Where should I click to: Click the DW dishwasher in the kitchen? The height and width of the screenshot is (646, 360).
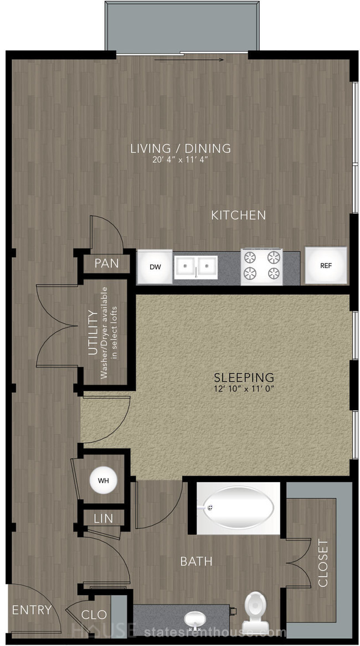[155, 267]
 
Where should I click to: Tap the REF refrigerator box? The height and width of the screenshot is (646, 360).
[326, 266]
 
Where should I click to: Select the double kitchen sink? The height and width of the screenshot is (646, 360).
[196, 267]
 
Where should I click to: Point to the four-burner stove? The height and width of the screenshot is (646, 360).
[262, 267]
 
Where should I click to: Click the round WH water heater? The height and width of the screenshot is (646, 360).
[104, 480]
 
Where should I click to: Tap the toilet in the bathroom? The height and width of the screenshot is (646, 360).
[255, 608]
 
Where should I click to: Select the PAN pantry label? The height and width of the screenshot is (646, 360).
[106, 263]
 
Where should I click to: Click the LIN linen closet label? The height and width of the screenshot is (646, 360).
[104, 518]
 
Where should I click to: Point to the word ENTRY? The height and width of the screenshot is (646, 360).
[32, 610]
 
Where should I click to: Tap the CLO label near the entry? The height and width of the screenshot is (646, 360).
[94, 614]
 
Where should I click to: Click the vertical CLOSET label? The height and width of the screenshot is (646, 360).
[323, 564]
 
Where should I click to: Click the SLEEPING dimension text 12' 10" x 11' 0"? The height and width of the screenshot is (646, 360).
[244, 388]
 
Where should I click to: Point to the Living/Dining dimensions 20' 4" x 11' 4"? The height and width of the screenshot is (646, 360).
[180, 160]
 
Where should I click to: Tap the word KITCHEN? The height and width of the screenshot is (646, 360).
[238, 215]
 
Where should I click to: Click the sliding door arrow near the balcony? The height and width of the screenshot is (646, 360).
[189, 60]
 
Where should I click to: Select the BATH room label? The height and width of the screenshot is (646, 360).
[196, 561]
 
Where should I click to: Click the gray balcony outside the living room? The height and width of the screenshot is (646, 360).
[182, 27]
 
